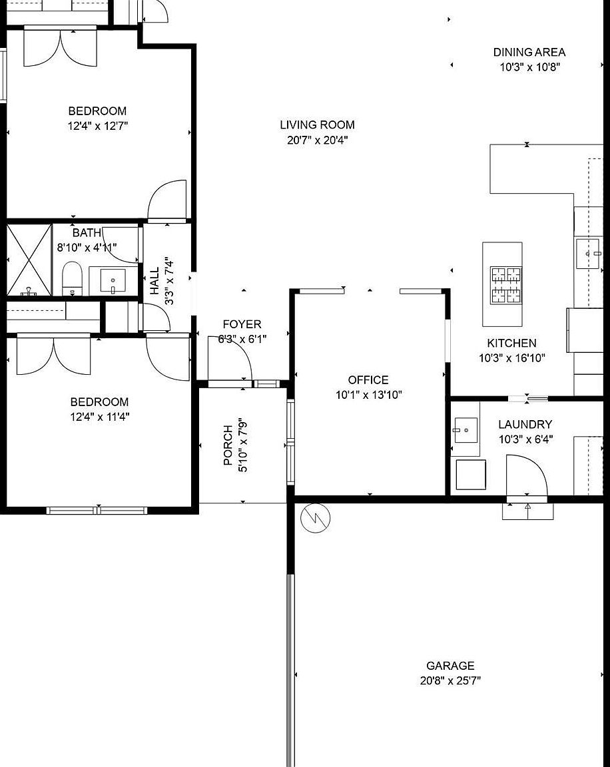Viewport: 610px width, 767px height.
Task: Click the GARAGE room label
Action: [x=450, y=666]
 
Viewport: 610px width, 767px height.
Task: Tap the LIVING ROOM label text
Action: [x=317, y=125]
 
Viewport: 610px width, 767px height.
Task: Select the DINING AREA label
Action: [x=529, y=52]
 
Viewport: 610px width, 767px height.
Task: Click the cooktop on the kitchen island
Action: [x=505, y=286]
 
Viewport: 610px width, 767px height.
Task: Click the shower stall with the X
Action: [x=29, y=260]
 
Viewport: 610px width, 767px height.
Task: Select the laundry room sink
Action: [x=466, y=429]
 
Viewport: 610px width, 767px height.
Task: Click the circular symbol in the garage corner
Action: [x=316, y=517]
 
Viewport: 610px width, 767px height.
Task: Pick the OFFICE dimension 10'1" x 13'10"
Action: [x=368, y=395]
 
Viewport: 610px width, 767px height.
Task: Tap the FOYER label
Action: [x=242, y=324]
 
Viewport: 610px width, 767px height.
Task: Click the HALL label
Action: [x=154, y=281]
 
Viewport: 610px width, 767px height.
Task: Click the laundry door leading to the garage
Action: [x=526, y=477]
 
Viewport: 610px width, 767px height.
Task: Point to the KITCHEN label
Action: [x=511, y=344]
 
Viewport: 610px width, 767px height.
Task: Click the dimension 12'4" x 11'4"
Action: [x=100, y=417]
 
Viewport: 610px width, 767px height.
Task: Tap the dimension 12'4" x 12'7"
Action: [x=98, y=126]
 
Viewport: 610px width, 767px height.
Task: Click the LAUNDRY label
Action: [x=525, y=424]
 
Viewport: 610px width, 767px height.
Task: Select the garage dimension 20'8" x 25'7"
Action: [x=450, y=680]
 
